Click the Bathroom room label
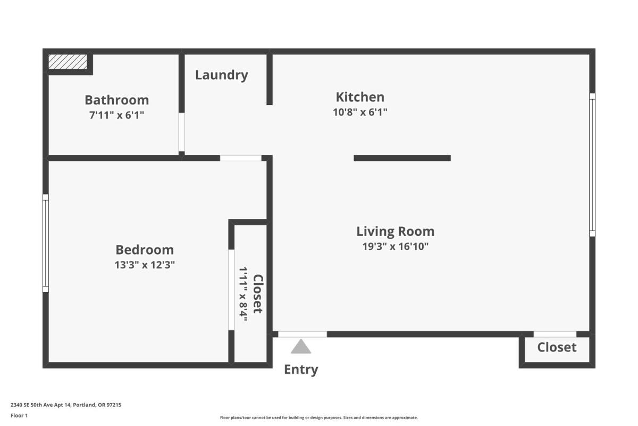coord(117,100)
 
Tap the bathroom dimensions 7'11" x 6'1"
coord(117,115)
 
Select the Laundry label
coord(222,75)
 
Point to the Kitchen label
coord(360,97)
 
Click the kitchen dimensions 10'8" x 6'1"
coord(360,112)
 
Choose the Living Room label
coord(396,232)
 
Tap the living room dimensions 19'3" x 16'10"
coord(396,246)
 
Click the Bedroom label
coord(145,250)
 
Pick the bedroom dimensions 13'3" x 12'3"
coord(145,265)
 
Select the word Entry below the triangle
coord(301,370)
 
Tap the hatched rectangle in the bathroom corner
coord(68,62)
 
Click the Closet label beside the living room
coord(557,347)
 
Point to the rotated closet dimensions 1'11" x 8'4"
coord(243,294)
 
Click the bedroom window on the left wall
coord(46,243)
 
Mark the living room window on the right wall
coord(592,165)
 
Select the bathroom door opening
coord(181,132)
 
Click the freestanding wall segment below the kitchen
coord(402,158)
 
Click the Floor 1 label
coord(19,415)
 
